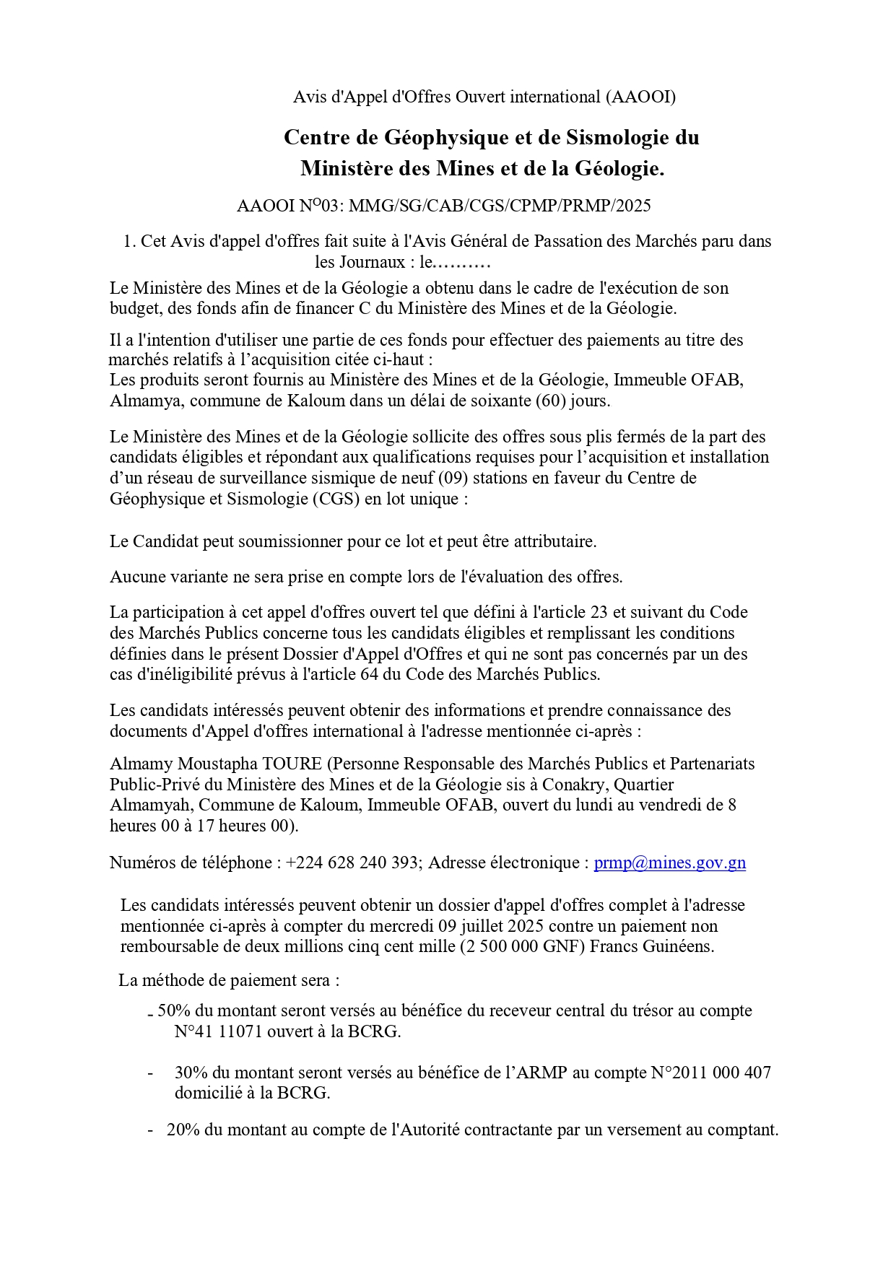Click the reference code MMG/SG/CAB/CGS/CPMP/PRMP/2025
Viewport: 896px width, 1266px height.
click(x=500, y=206)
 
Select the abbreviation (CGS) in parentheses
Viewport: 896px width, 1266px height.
click(x=336, y=499)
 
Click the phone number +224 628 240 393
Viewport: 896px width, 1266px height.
click(x=352, y=863)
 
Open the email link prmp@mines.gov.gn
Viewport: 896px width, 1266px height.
click(x=669, y=863)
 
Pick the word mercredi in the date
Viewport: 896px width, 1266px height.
click(x=404, y=926)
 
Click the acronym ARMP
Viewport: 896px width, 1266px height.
click(x=546, y=1073)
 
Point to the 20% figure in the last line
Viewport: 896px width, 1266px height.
click(x=183, y=1130)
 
